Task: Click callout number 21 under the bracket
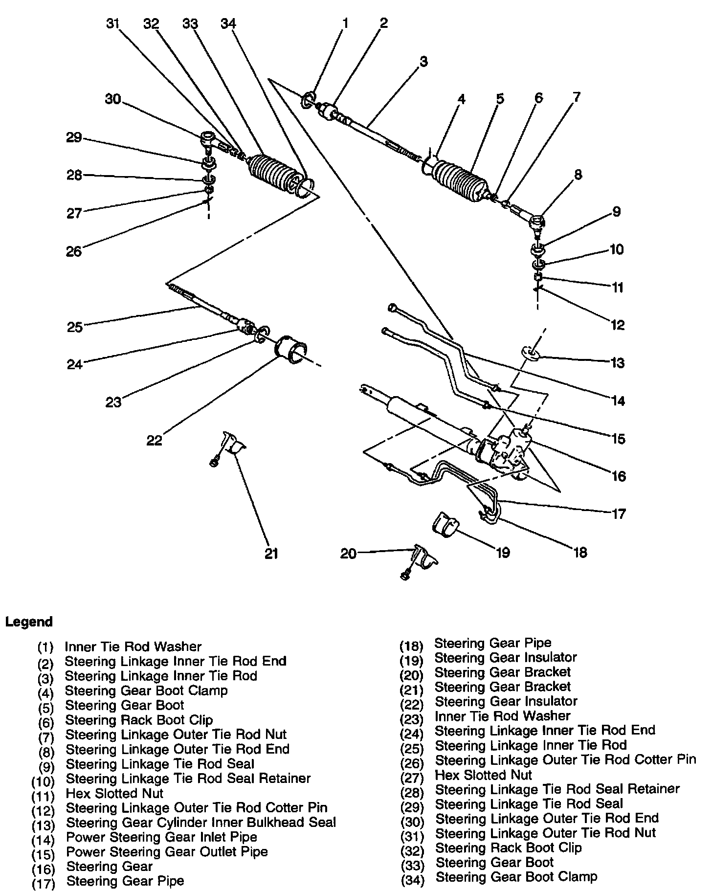[271, 553]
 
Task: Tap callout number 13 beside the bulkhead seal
[618, 363]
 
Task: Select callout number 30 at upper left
[113, 99]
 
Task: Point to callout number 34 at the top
[228, 23]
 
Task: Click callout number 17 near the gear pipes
[619, 514]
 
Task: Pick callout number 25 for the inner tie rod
[75, 327]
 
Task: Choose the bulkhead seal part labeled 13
[531, 353]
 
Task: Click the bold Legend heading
[29, 622]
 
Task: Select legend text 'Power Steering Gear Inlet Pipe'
[161, 837]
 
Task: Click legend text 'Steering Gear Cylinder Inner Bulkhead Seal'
[201, 822]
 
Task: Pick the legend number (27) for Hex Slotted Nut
[411, 776]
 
